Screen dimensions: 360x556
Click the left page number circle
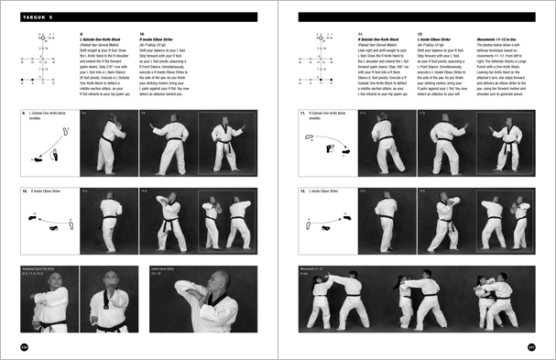(26, 345)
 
